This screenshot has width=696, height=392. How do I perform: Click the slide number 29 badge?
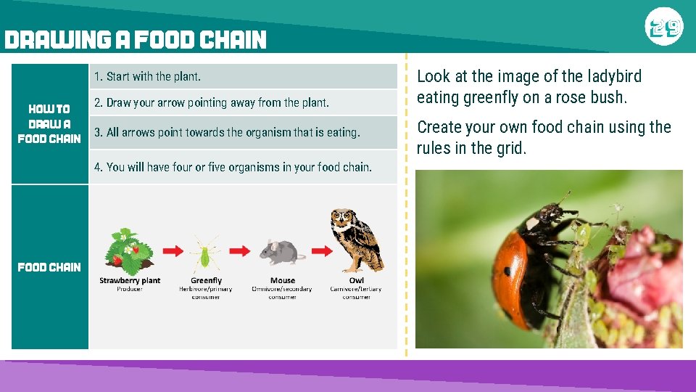(x=664, y=28)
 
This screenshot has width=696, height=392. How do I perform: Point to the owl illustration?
(x=355, y=240)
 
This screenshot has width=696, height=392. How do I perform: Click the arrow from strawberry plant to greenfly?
(x=171, y=250)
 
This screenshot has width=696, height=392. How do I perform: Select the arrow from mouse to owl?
(x=317, y=250)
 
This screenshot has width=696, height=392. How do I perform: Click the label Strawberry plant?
(x=130, y=280)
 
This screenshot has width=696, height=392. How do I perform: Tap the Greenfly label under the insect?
(x=206, y=280)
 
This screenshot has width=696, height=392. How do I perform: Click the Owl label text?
(x=357, y=280)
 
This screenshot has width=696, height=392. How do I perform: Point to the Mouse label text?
(x=283, y=280)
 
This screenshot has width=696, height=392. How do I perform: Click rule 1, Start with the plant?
(x=148, y=76)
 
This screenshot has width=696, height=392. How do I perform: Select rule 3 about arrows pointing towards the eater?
(x=227, y=132)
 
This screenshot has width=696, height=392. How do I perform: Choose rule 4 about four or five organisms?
(x=233, y=167)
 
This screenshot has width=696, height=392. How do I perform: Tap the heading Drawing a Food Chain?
(x=136, y=40)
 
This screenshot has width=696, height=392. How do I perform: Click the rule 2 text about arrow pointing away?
(x=212, y=102)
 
